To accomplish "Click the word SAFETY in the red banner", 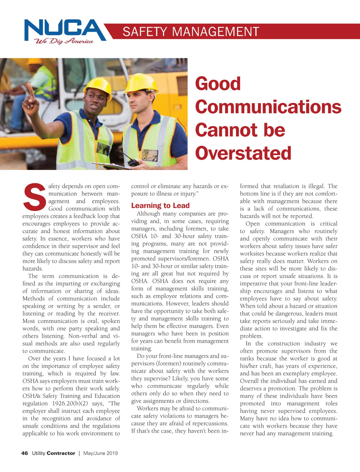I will pyautogui.click(x=145, y=32).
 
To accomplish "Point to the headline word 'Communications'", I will pyautogui.click(x=268, y=107).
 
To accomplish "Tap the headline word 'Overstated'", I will pyautogui.click(x=243, y=153).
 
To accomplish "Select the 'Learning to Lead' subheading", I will pyautogui.click(x=160, y=206).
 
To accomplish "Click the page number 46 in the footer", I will pyautogui.click(x=25, y=453).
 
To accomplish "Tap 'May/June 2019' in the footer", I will pyautogui.click(x=100, y=453).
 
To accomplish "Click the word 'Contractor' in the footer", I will pyautogui.click(x=61, y=453).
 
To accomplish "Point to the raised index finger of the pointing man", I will pyautogui.click(x=31, y=89).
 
